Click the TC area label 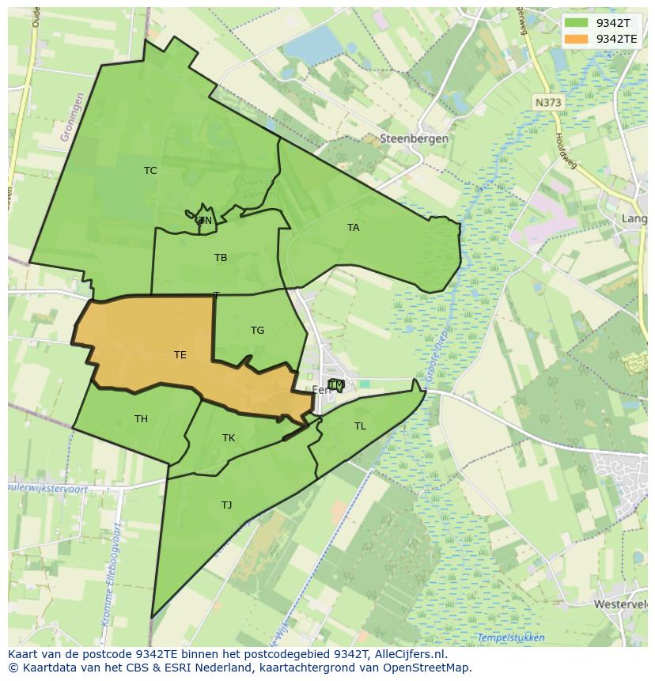pos(150,171)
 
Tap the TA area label pos(353,228)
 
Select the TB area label pos(221,258)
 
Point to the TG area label pos(257,331)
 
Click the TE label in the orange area pos(180,355)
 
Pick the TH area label pos(141,419)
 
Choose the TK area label pos(229,438)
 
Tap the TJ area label pos(226,505)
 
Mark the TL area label pos(360,426)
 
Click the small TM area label pos(336,385)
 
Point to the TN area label pos(205,221)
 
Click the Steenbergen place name pos(414,138)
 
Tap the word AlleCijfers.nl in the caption pos(409,654)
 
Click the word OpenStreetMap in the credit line pos(427,668)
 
